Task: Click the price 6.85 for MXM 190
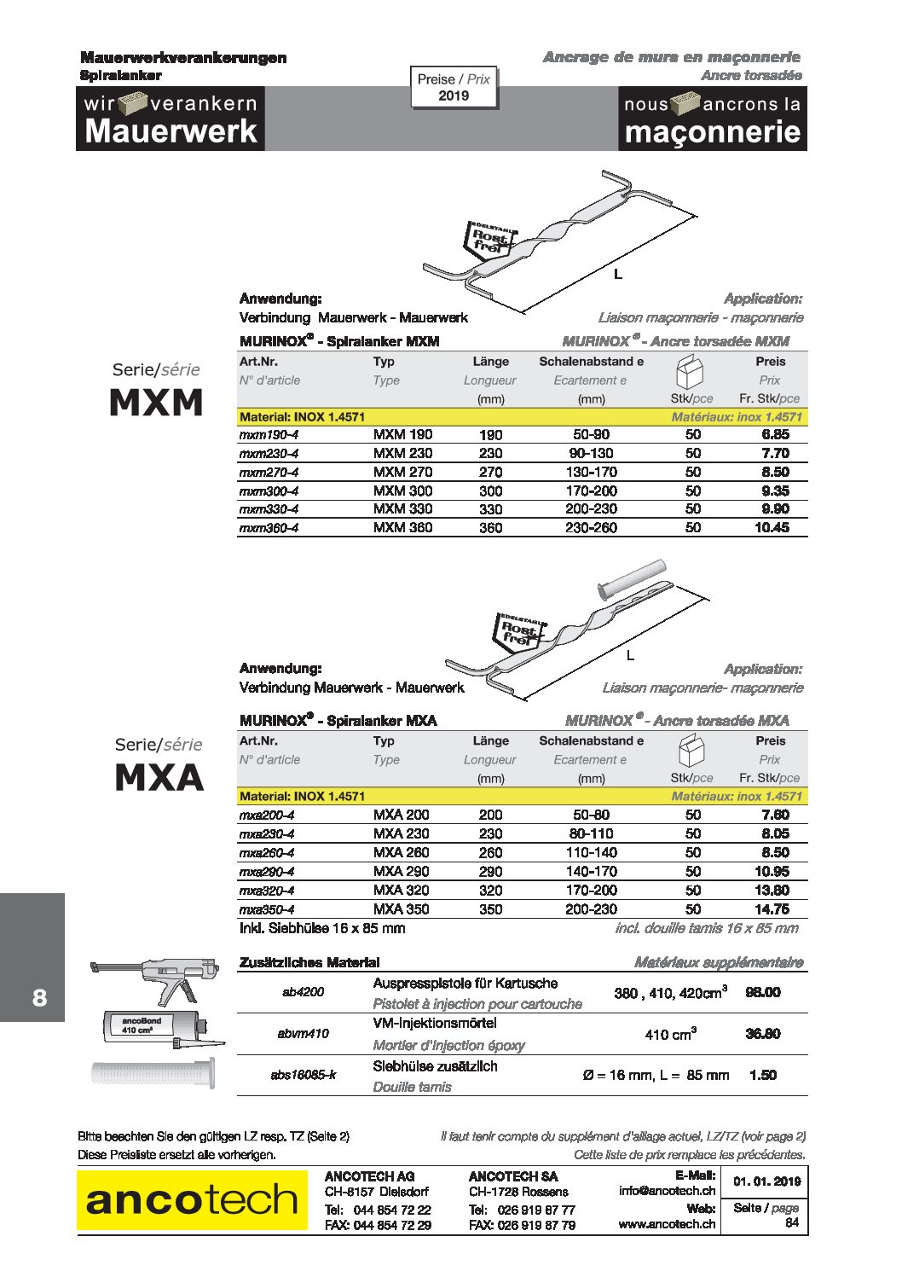[x=775, y=434]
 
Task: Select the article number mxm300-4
[x=269, y=491]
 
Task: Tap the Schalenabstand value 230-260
[x=591, y=528]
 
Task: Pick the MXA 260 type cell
[x=402, y=852]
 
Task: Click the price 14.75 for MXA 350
[x=772, y=909]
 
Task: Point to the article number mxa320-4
[x=267, y=891]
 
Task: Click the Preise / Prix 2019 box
[x=454, y=87]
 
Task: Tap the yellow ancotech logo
[x=192, y=1200]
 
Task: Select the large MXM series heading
[x=157, y=403]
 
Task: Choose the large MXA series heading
[x=159, y=777]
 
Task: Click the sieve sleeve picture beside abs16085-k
[x=153, y=1072]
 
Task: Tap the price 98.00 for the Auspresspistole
[x=762, y=992]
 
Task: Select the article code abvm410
[x=303, y=1034]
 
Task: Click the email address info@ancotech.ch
[x=667, y=1191]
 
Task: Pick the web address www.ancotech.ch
[x=667, y=1224]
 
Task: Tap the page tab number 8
[x=39, y=997]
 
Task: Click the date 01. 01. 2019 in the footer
[x=766, y=1181]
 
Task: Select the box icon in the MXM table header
[x=691, y=372]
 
